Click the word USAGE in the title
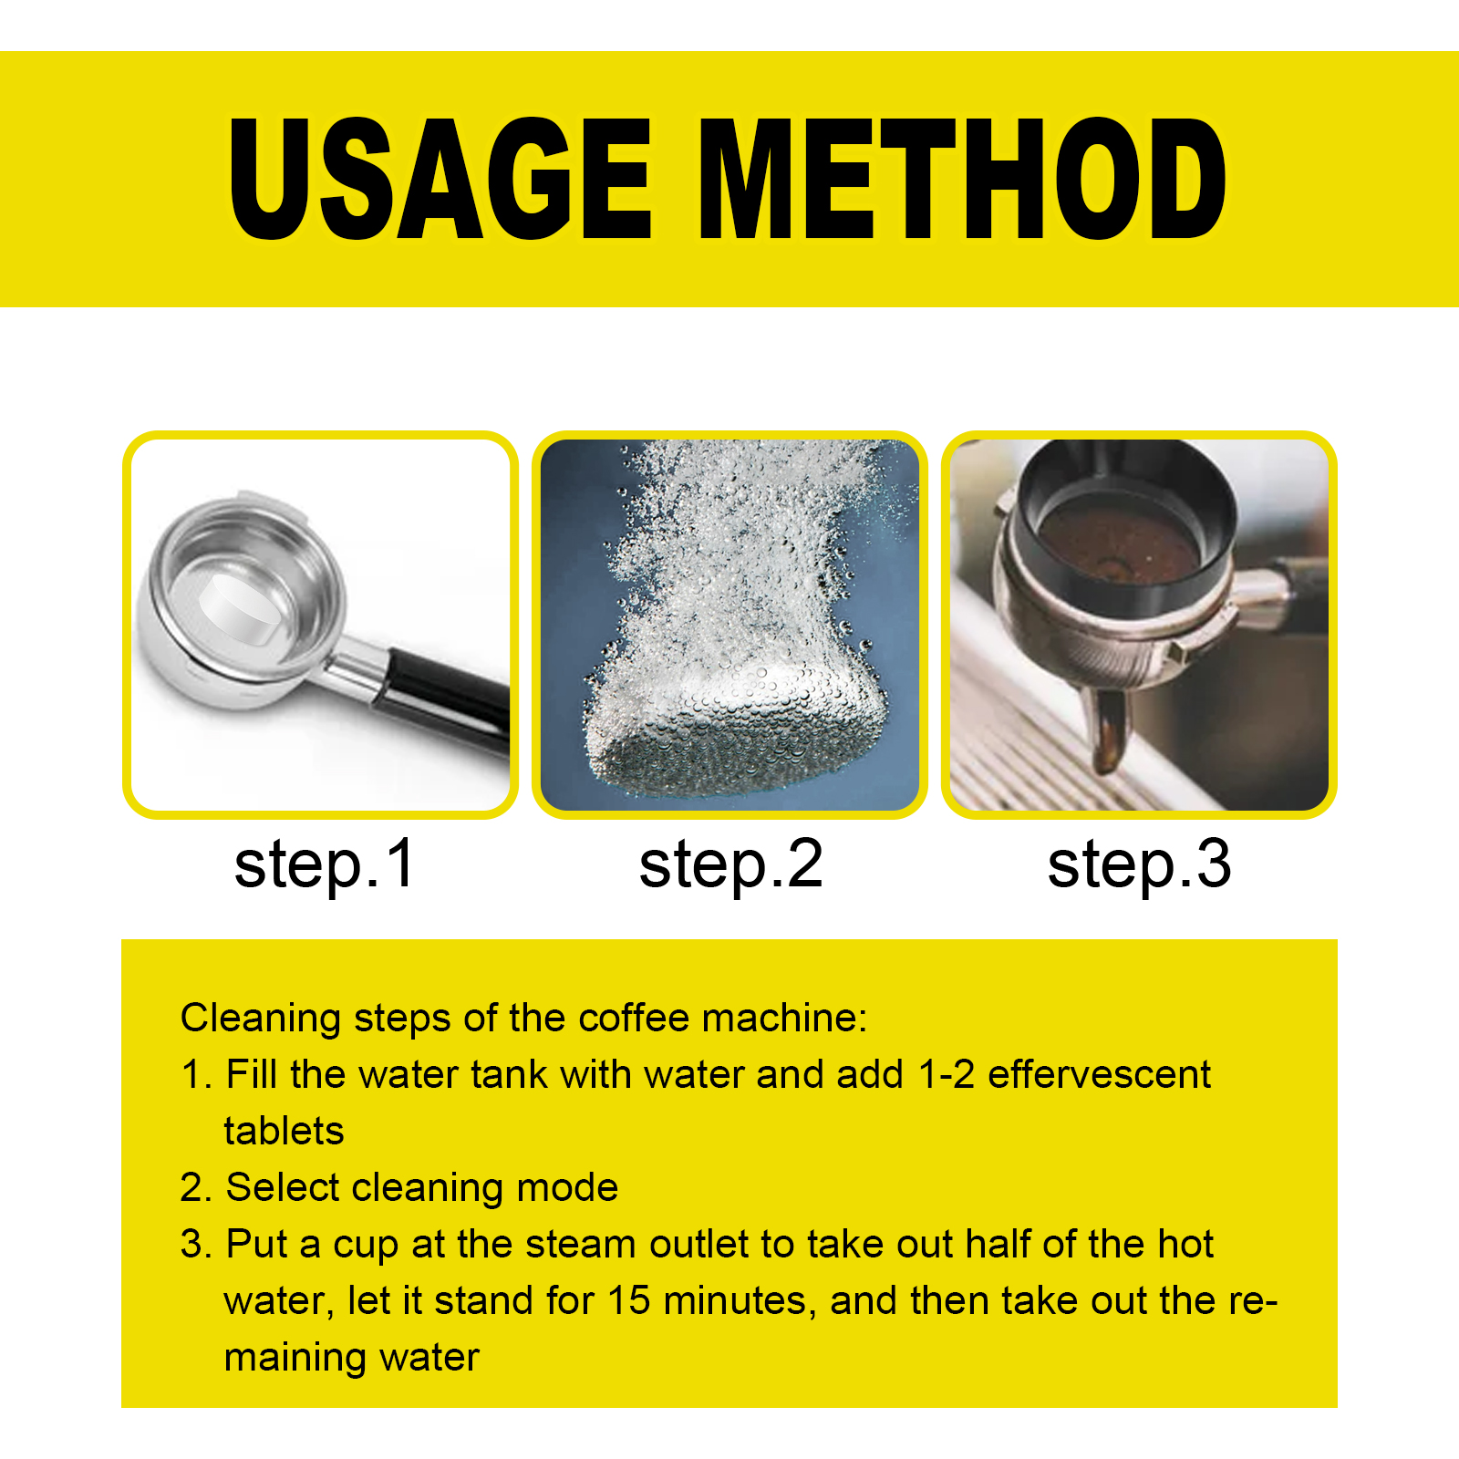tap(440, 179)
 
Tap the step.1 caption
tap(325, 865)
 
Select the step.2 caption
tap(730, 865)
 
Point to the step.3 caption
tap(1139, 865)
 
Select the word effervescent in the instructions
tap(1099, 1074)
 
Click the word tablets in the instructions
tap(284, 1131)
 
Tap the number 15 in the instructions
tap(629, 1300)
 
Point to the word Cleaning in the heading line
tap(261, 1019)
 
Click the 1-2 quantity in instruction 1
tap(947, 1074)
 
